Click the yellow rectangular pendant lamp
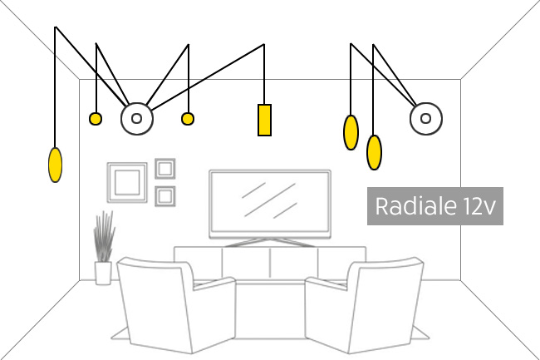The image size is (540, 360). [x=264, y=120]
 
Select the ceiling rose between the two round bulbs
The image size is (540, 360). [x=137, y=118]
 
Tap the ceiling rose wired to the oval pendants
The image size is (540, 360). [x=425, y=119]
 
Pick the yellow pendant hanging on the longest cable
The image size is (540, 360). [x=55, y=165]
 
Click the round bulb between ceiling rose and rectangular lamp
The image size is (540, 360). [x=187, y=119]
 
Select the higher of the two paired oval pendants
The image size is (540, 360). [x=351, y=132]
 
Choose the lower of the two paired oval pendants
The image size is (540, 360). [x=374, y=151]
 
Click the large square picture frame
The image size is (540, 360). [x=127, y=183]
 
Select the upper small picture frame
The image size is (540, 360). [x=165, y=169]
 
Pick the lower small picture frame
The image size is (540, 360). [x=165, y=196]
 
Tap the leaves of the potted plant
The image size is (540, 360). [x=104, y=237]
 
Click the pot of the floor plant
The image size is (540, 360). [x=103, y=273]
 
